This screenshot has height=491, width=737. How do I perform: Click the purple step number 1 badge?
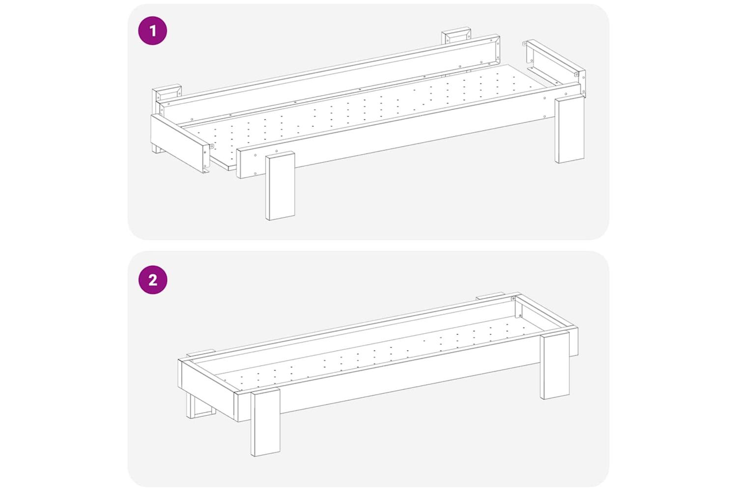[153, 30]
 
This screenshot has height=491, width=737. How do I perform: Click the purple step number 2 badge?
[153, 280]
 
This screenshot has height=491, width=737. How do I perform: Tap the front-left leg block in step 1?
[280, 186]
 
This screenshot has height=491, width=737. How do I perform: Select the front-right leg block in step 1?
[569, 130]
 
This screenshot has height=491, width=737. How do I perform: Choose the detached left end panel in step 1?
[180, 143]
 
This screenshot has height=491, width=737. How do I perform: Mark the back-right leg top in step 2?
[490, 295]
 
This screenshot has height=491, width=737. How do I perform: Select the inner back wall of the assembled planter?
[355, 332]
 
